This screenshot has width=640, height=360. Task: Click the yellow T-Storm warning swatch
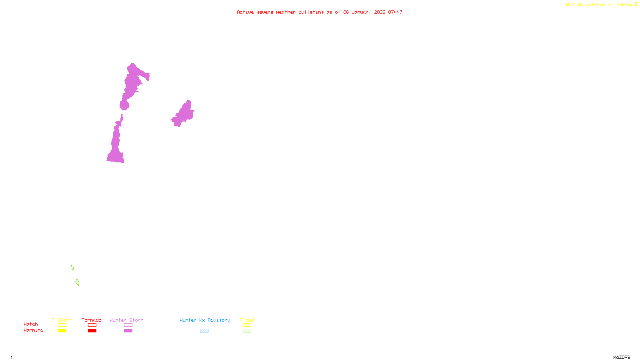(x=62, y=331)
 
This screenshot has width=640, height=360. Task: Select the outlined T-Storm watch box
(x=62, y=325)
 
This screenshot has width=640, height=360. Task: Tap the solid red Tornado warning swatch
(x=92, y=331)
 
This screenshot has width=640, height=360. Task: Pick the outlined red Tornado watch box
(x=92, y=325)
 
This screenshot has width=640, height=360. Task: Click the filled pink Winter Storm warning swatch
(x=128, y=331)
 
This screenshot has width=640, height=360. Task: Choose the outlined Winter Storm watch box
(x=128, y=325)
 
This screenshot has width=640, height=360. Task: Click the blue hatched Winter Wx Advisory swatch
(x=204, y=331)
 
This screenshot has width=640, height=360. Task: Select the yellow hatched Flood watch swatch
(x=247, y=325)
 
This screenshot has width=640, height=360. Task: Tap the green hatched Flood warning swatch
(x=247, y=331)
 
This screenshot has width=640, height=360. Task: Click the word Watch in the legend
(x=31, y=324)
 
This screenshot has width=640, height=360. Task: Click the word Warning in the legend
(x=33, y=330)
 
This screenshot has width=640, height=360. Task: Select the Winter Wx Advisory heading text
(x=205, y=320)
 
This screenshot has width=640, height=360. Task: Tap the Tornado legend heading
(x=92, y=320)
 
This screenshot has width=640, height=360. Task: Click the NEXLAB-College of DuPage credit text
(x=600, y=5)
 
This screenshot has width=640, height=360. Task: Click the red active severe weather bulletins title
(x=320, y=12)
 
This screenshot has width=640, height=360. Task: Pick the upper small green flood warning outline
(x=73, y=268)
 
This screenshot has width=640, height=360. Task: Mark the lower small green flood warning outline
(x=77, y=282)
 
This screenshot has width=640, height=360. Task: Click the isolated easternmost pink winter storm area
(x=184, y=114)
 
